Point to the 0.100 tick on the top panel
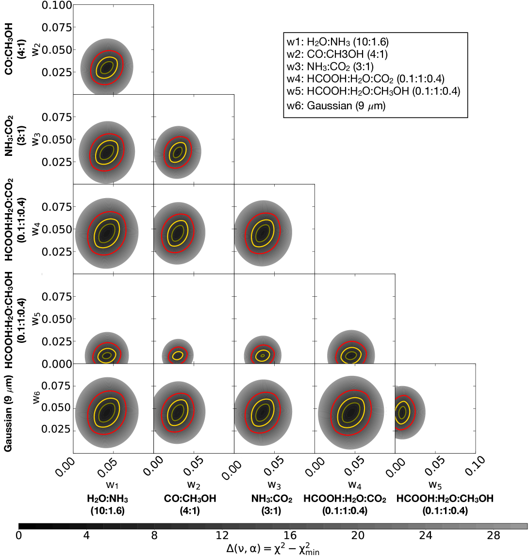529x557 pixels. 57,5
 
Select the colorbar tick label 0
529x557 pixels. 18,536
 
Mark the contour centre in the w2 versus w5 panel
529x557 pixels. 178,355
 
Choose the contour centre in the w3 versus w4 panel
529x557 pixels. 263,233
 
